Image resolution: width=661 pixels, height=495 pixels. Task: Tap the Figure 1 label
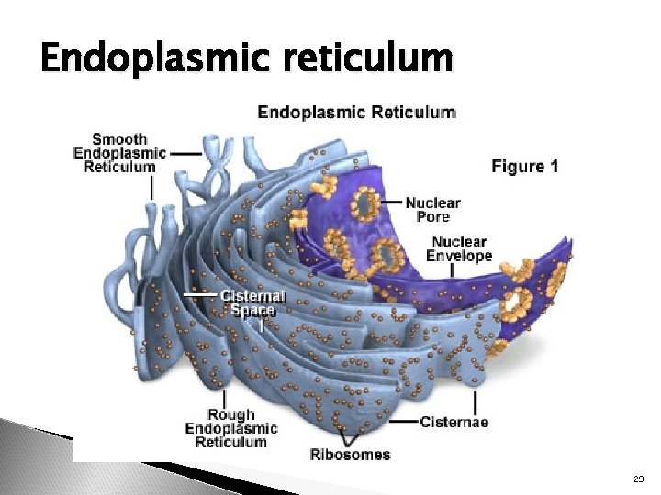click(525, 167)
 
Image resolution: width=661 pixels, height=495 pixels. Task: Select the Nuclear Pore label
click(432, 210)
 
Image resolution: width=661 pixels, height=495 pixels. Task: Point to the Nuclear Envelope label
click(461, 249)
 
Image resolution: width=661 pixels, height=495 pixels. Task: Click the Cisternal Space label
click(252, 302)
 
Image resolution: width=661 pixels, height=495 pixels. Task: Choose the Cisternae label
click(454, 423)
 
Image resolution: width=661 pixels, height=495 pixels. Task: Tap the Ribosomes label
click(350, 454)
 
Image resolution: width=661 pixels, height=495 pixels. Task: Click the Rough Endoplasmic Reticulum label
click(230, 428)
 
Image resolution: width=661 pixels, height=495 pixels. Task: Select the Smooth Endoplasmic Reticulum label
click(119, 153)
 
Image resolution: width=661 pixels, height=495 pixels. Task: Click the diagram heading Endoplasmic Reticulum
click(356, 113)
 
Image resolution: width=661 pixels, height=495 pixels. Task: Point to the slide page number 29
click(639, 479)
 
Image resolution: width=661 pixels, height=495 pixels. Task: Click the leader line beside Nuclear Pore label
click(392, 202)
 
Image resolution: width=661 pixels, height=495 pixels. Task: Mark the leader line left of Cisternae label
click(403, 423)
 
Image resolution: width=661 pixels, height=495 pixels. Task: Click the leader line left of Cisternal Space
click(202, 295)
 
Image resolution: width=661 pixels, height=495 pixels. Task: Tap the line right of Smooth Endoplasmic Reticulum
click(186, 153)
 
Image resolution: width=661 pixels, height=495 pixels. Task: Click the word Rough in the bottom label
click(230, 415)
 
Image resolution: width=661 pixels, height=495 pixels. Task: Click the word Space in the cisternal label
click(252, 310)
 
